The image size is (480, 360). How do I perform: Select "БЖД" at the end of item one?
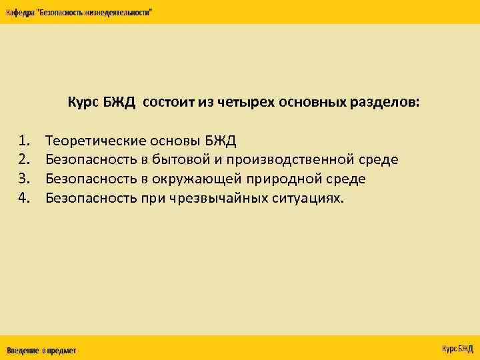pyautogui.click(x=220, y=141)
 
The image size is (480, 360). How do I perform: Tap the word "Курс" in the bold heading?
pyautogui.click(x=82, y=103)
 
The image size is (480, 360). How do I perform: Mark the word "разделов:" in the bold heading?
pyautogui.click(x=386, y=103)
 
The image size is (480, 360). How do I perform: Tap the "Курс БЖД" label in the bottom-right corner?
pyautogui.click(x=457, y=349)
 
